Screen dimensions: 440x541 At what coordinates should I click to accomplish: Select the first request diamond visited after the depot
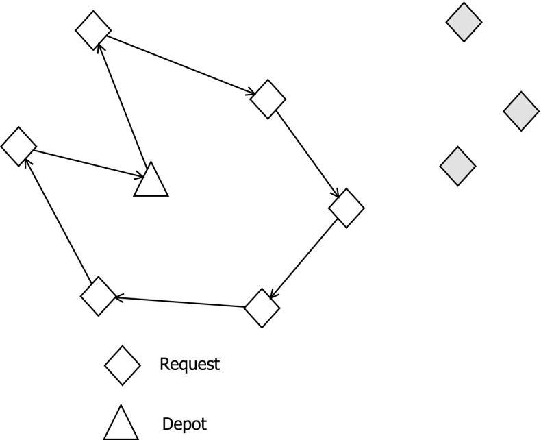tap(92, 30)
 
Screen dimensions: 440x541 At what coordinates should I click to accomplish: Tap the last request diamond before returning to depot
tap(18, 146)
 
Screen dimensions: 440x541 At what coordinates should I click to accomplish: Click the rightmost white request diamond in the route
tap(347, 207)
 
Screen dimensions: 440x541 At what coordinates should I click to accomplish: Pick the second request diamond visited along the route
tap(268, 99)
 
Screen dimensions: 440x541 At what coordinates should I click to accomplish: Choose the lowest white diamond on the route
tap(262, 308)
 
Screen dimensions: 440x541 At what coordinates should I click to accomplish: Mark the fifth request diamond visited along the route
tap(99, 296)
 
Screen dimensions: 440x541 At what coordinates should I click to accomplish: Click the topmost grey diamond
tap(464, 23)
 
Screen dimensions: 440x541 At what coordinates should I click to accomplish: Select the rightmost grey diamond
tap(521, 111)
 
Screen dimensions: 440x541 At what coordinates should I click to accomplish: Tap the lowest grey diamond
tap(457, 166)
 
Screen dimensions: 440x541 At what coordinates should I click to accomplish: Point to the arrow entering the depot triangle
tap(86, 163)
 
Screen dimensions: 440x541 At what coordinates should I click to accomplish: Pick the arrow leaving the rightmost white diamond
tap(304, 258)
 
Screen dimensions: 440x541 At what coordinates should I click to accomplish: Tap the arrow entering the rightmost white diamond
tap(307, 153)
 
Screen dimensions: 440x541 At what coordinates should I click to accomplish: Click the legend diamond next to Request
tap(122, 364)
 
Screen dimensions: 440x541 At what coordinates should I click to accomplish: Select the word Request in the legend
tap(190, 364)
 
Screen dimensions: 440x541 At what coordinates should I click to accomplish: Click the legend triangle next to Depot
tap(121, 423)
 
